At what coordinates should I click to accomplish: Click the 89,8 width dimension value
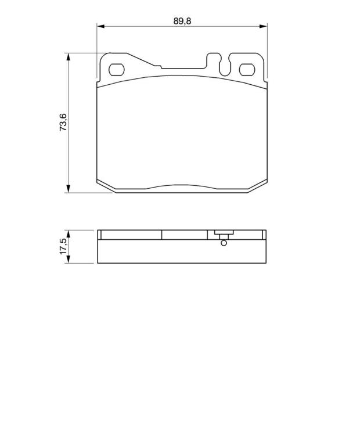pyautogui.click(x=182, y=21)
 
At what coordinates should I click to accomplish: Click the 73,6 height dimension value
pyautogui.click(x=63, y=122)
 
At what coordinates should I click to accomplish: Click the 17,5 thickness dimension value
pyautogui.click(x=63, y=246)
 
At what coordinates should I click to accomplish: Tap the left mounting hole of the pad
pyautogui.click(x=117, y=70)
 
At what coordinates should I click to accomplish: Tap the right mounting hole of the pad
pyautogui.click(x=247, y=70)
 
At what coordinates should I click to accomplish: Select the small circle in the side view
pyautogui.click(x=224, y=243)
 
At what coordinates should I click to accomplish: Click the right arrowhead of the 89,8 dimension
pyautogui.click(x=263, y=27)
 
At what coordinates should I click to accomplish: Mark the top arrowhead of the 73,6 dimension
pyautogui.click(x=68, y=57)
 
